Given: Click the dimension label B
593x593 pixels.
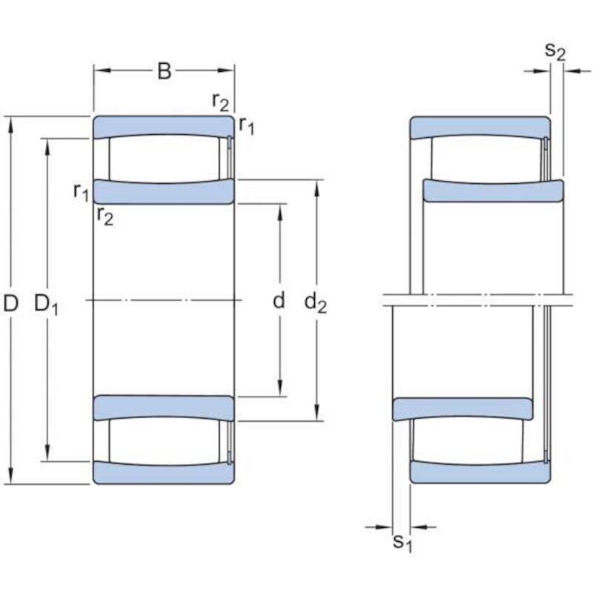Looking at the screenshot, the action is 164,70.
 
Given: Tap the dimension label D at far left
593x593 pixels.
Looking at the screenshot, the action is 10,303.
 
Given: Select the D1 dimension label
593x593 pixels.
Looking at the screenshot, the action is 46,305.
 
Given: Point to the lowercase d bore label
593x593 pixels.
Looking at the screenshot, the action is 279,301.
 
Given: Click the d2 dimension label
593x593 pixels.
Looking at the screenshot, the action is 316,303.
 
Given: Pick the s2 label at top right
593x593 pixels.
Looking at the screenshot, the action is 555,51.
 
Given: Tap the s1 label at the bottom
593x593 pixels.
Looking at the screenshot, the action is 402,543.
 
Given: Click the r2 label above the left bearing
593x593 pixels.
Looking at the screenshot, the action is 220,102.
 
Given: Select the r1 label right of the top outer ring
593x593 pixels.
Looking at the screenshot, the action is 247,125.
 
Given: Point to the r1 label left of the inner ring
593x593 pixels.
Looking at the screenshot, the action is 82,192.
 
